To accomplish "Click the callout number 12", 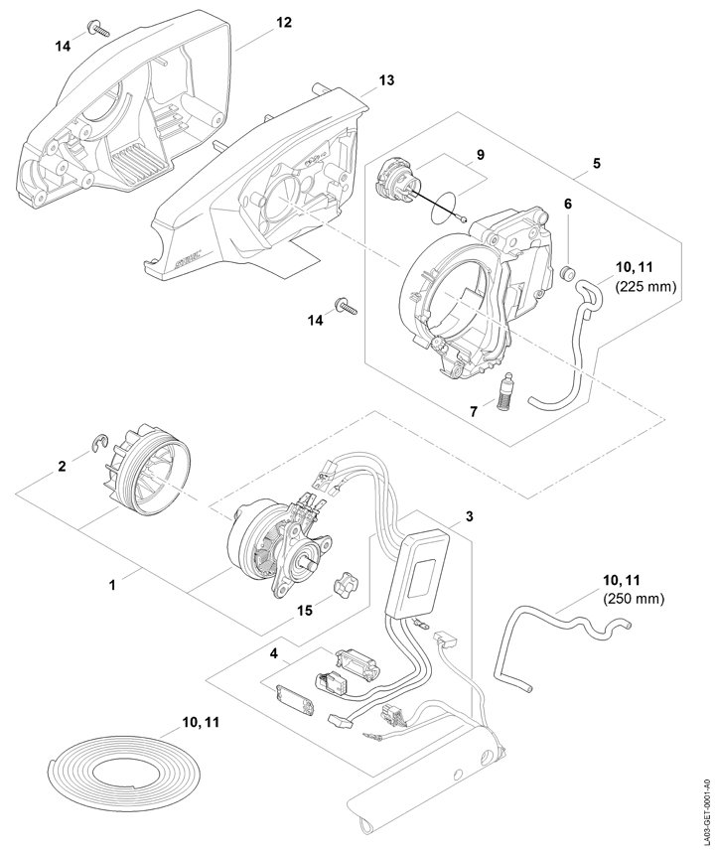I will [x=284, y=22].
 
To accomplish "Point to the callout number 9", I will [x=480, y=155].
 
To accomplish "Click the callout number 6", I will [x=568, y=203].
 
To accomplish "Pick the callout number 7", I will [x=474, y=410].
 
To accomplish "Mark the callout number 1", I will [x=112, y=586].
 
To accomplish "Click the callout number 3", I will [x=469, y=517].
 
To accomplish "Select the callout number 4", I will [x=274, y=653].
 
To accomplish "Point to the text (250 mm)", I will [x=633, y=599].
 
